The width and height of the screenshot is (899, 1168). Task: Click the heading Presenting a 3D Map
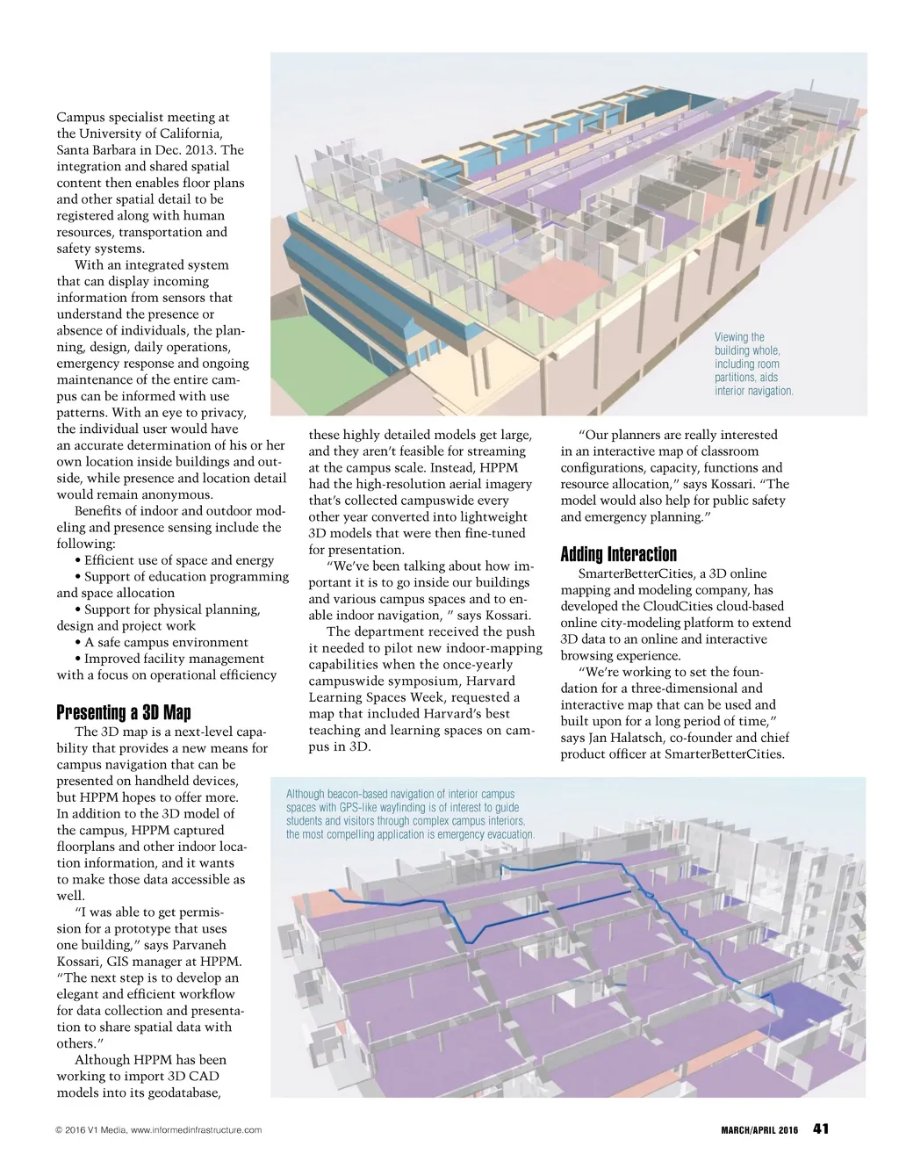click(123, 712)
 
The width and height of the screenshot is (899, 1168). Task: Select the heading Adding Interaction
click(618, 554)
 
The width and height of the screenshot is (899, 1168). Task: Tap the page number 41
click(821, 1128)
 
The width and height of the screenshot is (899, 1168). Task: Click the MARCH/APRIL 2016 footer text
click(753, 1130)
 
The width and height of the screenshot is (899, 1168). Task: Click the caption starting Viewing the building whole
click(753, 364)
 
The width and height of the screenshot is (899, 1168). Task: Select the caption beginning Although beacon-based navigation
click(409, 814)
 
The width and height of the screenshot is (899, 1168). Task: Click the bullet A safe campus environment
click(166, 642)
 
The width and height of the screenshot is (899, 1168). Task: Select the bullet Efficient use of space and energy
click(179, 560)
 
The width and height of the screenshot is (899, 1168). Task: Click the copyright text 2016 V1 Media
click(90, 1130)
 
